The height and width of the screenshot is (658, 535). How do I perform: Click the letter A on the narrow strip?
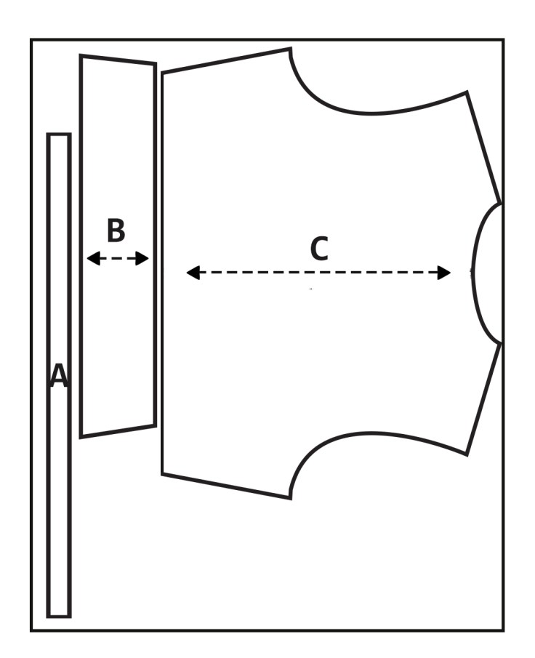click(59, 376)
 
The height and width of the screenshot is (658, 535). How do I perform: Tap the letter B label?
click(116, 230)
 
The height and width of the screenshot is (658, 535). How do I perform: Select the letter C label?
click(319, 249)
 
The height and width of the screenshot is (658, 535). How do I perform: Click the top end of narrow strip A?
click(59, 135)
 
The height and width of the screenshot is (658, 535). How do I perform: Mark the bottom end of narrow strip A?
click(59, 615)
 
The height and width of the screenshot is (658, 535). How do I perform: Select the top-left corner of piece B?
click(81, 56)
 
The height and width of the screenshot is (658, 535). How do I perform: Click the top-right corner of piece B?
click(155, 65)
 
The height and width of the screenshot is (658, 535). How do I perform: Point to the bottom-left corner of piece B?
click(81, 436)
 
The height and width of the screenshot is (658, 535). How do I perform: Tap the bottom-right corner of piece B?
click(155, 425)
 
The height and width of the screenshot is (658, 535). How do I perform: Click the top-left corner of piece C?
click(163, 73)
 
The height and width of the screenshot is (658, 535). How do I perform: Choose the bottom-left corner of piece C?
click(163, 474)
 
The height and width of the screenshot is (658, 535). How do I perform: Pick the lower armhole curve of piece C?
click(363, 436)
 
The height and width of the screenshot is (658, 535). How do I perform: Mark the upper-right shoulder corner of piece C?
click(466, 92)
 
